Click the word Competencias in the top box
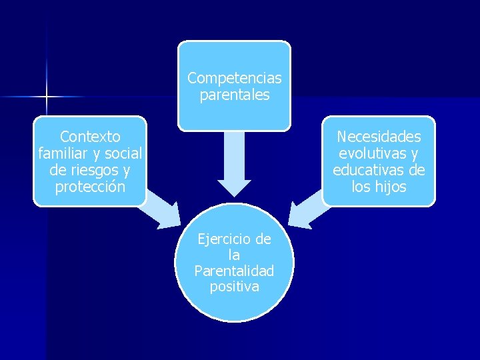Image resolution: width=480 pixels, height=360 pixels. point(234,78)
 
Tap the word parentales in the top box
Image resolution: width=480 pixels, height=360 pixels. point(234,95)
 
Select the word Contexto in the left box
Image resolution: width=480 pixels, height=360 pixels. point(90,137)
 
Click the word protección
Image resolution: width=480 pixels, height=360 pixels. point(90,187)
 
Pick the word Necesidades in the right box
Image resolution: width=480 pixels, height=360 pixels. point(379,137)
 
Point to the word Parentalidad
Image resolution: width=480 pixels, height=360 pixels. point(234,271)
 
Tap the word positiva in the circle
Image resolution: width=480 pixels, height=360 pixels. point(234,287)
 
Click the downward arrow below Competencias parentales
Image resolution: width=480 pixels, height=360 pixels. point(234,163)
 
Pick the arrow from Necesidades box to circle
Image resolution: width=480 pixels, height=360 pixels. point(306,210)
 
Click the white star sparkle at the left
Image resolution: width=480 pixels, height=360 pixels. point(47,97)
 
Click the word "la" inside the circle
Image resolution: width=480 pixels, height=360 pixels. point(234,255)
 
